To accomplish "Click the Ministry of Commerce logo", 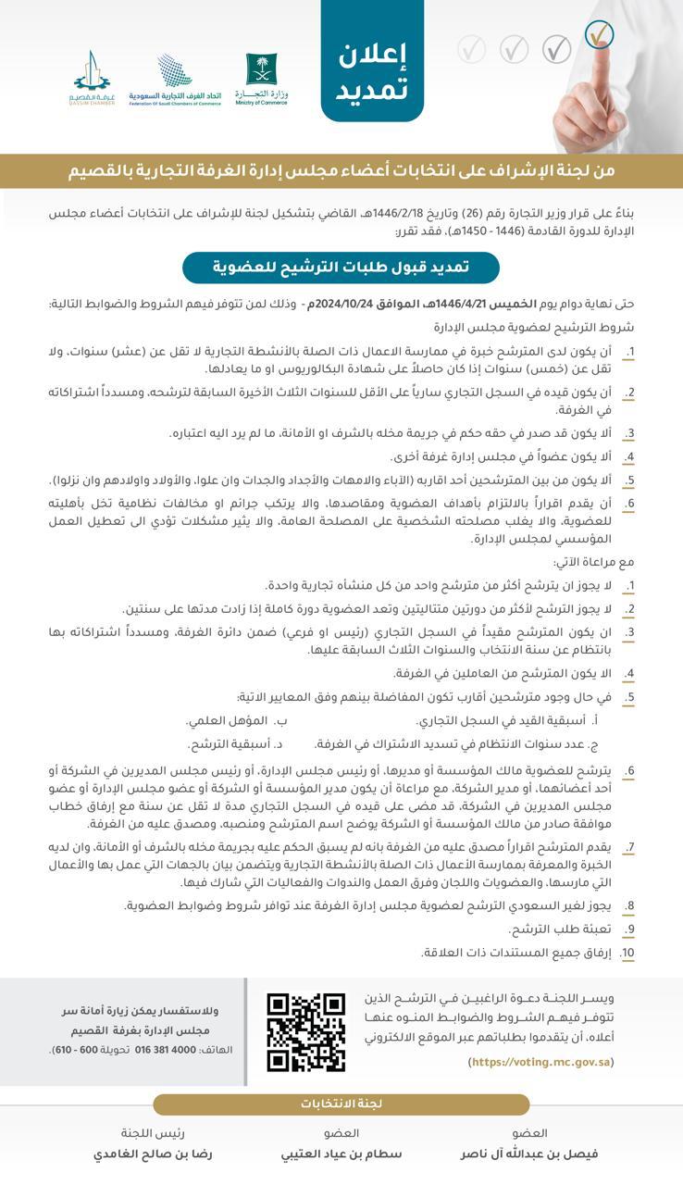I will (x=262, y=78).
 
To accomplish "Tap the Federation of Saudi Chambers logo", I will (x=175, y=79).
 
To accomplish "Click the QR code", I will (x=305, y=1032).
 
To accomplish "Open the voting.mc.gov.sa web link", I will (x=541, y=1062).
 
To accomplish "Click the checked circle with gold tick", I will (x=600, y=35).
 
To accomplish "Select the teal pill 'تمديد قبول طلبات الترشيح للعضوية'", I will (x=341, y=267).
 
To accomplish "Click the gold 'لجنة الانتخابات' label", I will (x=341, y=1104).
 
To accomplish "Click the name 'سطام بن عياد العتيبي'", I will (x=341, y=1154).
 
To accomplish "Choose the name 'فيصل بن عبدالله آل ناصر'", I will (x=529, y=1154).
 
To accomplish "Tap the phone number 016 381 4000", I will (x=166, y=1050).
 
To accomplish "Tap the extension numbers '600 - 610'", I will (x=76, y=1050).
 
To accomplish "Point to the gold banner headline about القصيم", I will (x=341, y=171).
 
